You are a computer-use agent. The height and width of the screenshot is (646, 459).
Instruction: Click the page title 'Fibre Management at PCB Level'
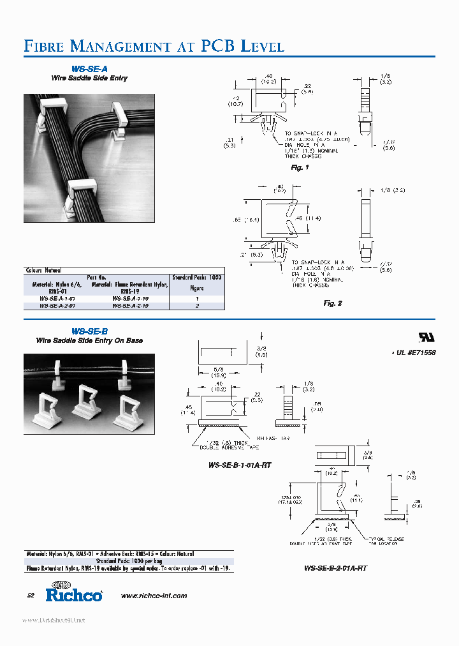pyautogui.click(x=154, y=46)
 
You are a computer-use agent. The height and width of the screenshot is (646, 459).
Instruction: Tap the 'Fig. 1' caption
pyautogui.click(x=300, y=167)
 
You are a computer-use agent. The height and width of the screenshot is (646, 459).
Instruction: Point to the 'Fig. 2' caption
pyautogui.click(x=333, y=303)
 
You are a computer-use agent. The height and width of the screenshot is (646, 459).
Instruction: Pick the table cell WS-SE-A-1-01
pyautogui.click(x=57, y=298)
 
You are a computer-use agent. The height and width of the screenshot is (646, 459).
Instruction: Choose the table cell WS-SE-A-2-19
pyautogui.click(x=130, y=306)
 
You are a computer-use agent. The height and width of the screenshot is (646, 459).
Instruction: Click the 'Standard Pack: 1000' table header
pyautogui.click(x=198, y=278)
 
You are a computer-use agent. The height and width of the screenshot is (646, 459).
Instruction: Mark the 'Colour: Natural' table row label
pyautogui.click(x=43, y=270)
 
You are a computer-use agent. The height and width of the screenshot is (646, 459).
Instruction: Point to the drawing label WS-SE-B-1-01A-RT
pyautogui.click(x=240, y=465)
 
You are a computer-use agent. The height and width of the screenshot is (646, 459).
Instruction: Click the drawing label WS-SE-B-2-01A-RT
pyautogui.click(x=335, y=567)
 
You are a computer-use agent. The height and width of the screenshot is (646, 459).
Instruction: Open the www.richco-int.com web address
pyautogui.click(x=154, y=596)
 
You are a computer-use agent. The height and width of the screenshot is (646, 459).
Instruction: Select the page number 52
pyautogui.click(x=31, y=596)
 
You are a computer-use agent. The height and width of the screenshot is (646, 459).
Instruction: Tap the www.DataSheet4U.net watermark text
pyautogui.click(x=54, y=620)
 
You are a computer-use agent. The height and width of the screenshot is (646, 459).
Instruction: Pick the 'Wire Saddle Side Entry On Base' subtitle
pyautogui.click(x=89, y=340)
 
